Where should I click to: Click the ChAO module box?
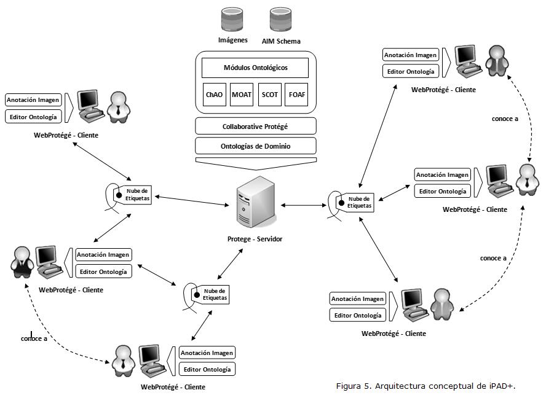(214, 95)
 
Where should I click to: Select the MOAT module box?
(242, 95)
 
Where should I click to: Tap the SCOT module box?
(269, 95)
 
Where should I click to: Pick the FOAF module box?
(297, 95)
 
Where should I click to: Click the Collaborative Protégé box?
(255, 127)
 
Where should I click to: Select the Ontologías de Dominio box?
(255, 146)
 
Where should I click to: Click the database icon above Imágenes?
(232, 20)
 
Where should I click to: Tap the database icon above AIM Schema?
(281, 20)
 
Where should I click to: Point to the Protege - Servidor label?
(254, 239)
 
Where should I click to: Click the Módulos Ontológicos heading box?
(255, 67)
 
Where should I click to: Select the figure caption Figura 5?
(425, 386)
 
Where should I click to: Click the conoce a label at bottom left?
(34, 338)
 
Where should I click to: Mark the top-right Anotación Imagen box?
(410, 55)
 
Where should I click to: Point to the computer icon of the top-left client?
(89, 104)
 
